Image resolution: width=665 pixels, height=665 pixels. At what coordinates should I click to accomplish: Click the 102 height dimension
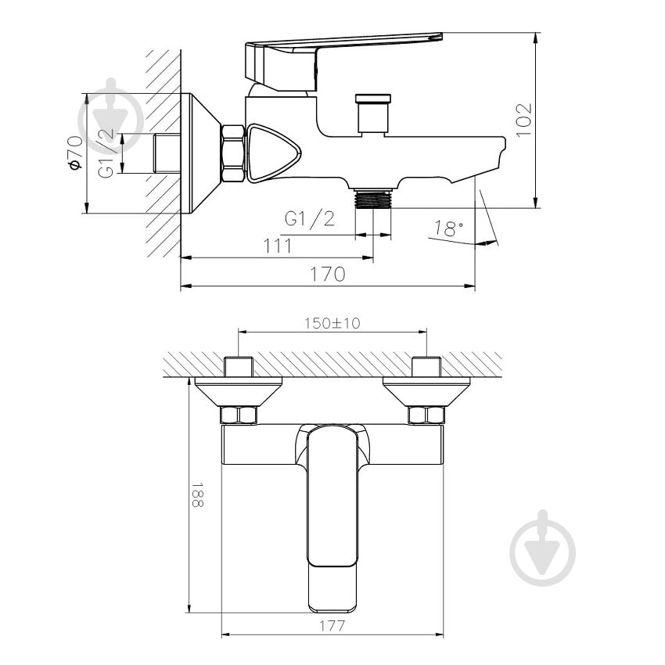525,119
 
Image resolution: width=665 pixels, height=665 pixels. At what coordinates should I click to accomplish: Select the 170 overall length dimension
329,274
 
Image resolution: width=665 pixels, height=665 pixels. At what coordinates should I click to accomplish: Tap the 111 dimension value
277,246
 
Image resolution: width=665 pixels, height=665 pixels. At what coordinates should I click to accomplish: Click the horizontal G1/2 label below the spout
310,219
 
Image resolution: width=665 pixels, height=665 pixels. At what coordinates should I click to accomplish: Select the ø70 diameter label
74,153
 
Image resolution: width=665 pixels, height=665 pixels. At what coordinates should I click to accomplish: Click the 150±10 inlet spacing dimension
332,323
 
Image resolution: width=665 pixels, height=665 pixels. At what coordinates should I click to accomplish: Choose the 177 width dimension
332,626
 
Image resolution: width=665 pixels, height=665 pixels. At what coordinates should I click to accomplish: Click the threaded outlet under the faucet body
372,199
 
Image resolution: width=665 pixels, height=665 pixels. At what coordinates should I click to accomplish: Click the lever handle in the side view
344,47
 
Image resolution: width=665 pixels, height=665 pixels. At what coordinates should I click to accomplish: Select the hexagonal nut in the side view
233,153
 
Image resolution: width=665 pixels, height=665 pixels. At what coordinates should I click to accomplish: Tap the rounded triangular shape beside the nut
271,153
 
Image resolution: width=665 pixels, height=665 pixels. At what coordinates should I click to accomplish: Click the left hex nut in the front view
239,415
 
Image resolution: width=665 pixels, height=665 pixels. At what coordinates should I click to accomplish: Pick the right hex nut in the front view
426,415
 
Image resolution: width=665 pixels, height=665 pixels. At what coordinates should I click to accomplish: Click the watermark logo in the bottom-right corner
542,548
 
